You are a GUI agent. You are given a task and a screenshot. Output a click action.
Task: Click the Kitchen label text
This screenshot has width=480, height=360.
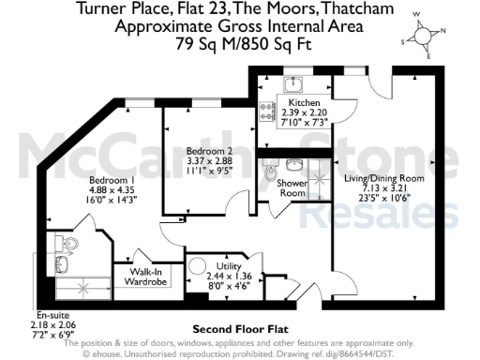(305, 103)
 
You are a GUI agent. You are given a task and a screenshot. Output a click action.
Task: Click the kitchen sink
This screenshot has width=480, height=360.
(292, 84)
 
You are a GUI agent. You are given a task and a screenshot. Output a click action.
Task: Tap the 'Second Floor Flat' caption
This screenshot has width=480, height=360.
(239, 330)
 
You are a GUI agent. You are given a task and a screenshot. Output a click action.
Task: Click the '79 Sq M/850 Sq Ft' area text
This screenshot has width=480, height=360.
(240, 43)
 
